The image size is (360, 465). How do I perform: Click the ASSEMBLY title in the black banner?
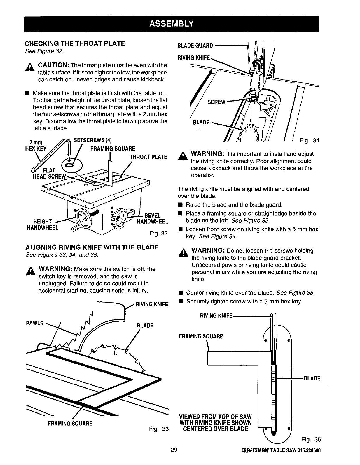[x=171, y=23]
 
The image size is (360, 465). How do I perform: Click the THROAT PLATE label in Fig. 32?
[x=148, y=157]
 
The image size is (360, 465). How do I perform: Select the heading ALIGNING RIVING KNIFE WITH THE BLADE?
[x=92, y=247]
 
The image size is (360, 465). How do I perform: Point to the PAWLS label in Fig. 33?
[x=34, y=323]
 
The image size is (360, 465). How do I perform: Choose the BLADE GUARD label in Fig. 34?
[x=195, y=46]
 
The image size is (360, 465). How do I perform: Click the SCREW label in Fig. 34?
[x=216, y=102]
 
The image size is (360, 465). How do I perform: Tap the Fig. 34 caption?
[x=310, y=141]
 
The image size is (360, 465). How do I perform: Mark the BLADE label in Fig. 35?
[x=312, y=378]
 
